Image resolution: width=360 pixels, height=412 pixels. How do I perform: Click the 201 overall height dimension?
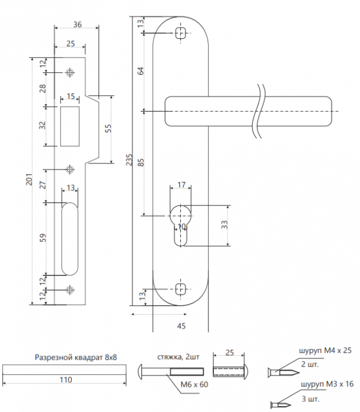[29, 180]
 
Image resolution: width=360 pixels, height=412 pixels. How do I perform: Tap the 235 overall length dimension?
[129, 160]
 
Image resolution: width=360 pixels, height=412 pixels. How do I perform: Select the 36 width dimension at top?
[77, 25]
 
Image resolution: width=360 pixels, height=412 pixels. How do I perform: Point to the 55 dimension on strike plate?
[108, 128]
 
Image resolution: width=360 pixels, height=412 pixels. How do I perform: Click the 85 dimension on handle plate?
[141, 162]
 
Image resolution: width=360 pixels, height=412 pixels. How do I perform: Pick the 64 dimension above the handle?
[141, 71]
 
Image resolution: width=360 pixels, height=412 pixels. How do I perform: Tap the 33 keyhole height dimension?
[224, 225]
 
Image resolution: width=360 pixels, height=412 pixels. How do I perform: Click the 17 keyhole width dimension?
[181, 185]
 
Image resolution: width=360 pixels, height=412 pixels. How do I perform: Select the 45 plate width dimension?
[181, 326]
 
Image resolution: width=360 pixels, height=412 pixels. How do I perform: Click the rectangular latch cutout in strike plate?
[70, 127]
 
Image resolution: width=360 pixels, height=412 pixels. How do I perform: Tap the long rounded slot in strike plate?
[70, 239]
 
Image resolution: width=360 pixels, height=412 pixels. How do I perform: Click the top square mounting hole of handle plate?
[181, 33]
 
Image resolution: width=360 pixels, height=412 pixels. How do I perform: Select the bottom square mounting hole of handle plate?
[180, 289]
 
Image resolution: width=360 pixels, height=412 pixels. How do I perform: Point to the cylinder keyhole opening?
[180, 225]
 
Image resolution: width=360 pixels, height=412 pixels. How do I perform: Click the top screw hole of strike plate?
[70, 72]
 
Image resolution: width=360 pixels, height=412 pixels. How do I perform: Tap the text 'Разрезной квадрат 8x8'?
[76, 357]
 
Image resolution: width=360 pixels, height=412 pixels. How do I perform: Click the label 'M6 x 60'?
[194, 384]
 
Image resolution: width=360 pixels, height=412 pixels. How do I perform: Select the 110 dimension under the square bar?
[65, 380]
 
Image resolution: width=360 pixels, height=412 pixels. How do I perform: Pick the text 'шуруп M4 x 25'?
[325, 351]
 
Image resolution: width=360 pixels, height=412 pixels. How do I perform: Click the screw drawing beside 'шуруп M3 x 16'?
[280, 405]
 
